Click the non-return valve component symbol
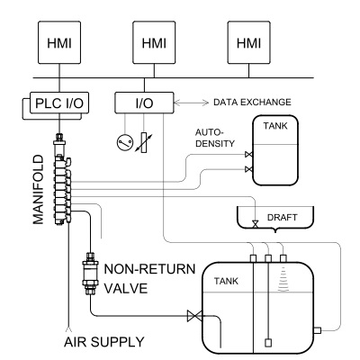[91, 270]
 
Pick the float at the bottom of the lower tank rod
[268, 341]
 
